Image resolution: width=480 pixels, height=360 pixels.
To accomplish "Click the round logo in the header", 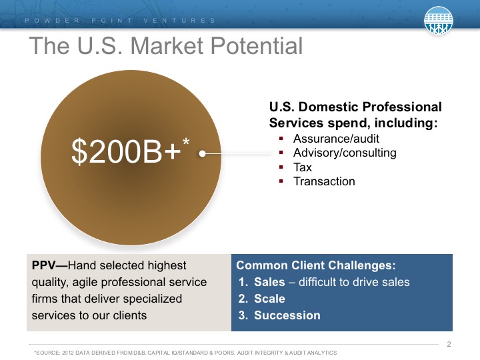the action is pyautogui.click(x=439, y=20).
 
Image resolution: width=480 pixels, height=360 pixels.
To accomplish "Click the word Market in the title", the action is pyautogui.click(x=167, y=45).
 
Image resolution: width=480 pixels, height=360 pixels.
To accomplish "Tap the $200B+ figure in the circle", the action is pyautogui.click(x=126, y=151).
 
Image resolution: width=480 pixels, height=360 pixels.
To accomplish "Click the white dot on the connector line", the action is pyautogui.click(x=202, y=153).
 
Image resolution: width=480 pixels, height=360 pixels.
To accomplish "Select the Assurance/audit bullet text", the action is pyautogui.click(x=336, y=139).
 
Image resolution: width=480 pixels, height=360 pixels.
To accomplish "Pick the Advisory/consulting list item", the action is pyautogui.click(x=345, y=153).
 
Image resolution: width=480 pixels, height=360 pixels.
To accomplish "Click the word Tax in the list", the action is pyautogui.click(x=303, y=167).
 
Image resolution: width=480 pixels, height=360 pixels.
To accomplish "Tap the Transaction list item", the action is pyautogui.click(x=324, y=181).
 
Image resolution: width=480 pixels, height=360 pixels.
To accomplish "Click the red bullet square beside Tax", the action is pyautogui.click(x=281, y=167).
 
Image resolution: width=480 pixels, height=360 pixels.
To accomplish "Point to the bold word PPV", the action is pyautogui.click(x=44, y=265).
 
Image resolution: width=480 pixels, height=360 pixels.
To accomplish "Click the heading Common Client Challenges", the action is pyautogui.click(x=316, y=265).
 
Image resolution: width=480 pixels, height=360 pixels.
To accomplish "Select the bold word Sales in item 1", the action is pyautogui.click(x=269, y=282).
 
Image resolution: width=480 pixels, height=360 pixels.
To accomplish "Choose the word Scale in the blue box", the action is pyautogui.click(x=269, y=299).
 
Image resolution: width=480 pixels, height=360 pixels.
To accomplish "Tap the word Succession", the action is pyautogui.click(x=287, y=315).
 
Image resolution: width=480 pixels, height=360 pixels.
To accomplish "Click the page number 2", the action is pyautogui.click(x=449, y=344).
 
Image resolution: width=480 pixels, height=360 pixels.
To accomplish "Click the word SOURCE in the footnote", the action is pyautogui.click(x=48, y=353).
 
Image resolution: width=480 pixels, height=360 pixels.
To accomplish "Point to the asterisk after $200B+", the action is pyautogui.click(x=186, y=143).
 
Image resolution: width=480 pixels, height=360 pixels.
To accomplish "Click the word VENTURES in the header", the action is pyautogui.click(x=179, y=21).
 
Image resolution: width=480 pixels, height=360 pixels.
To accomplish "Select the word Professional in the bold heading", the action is pyautogui.click(x=402, y=107).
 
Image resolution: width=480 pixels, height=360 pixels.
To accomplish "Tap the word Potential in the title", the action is pyautogui.click(x=257, y=45).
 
